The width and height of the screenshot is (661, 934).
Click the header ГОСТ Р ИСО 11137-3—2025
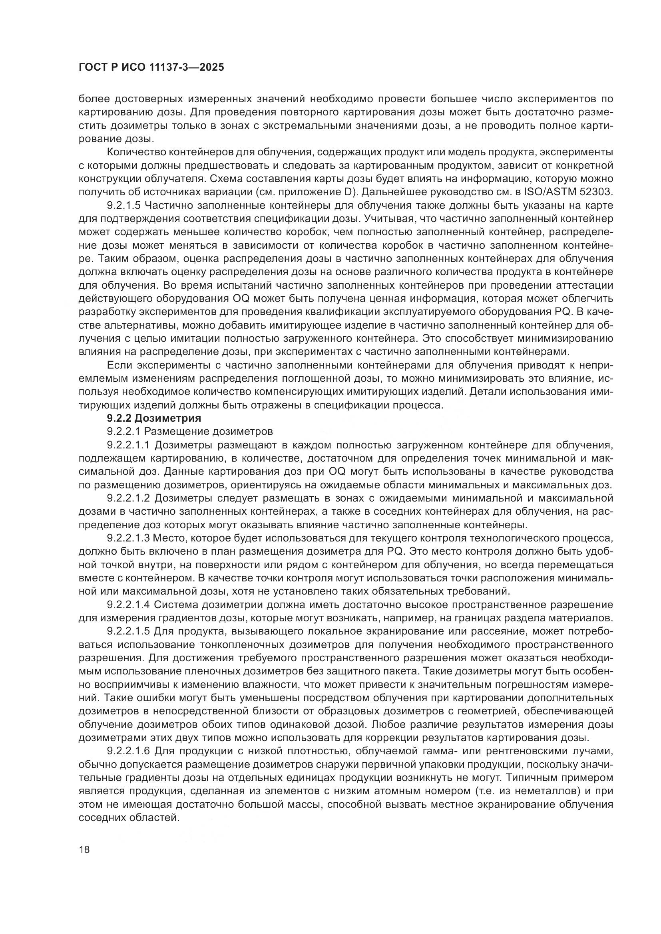(x=151, y=67)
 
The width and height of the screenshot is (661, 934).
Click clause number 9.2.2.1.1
(x=129, y=444)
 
